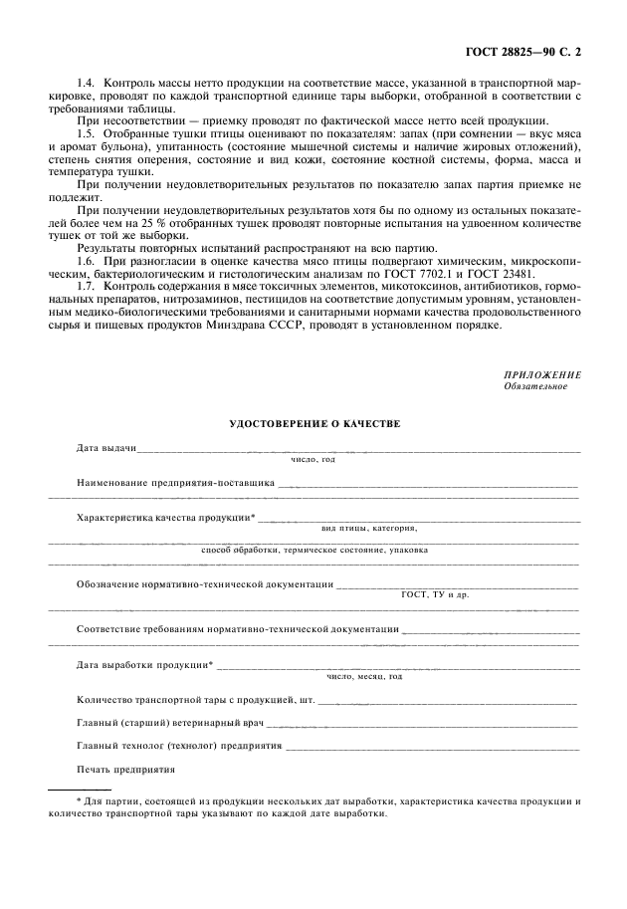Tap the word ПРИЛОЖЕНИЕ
click(x=542, y=375)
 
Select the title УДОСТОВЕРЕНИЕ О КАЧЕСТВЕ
click(x=314, y=423)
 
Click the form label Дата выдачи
click(x=106, y=448)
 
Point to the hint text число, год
click(x=313, y=460)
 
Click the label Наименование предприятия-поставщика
click(x=176, y=482)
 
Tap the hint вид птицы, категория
click(x=369, y=527)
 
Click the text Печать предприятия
click(x=125, y=770)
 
